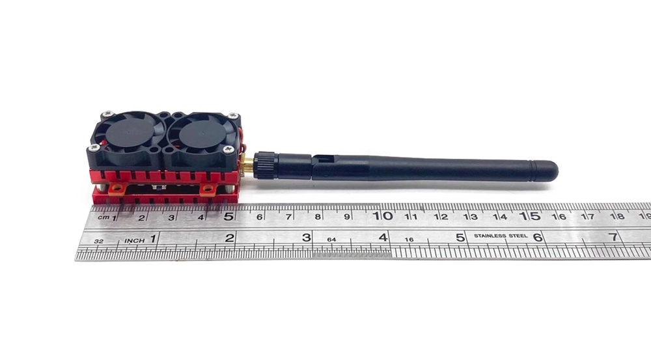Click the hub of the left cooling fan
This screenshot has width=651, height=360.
tap(129, 133)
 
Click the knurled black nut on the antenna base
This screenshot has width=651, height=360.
tap(266, 165)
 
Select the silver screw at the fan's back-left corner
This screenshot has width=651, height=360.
tap(109, 113)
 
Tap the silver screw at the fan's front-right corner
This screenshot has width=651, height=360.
tap(228, 150)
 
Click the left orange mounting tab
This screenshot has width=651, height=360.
tap(117, 189)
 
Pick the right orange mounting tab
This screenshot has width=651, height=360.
tap(208, 189)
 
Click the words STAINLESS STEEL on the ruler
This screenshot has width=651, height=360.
tap(501, 236)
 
